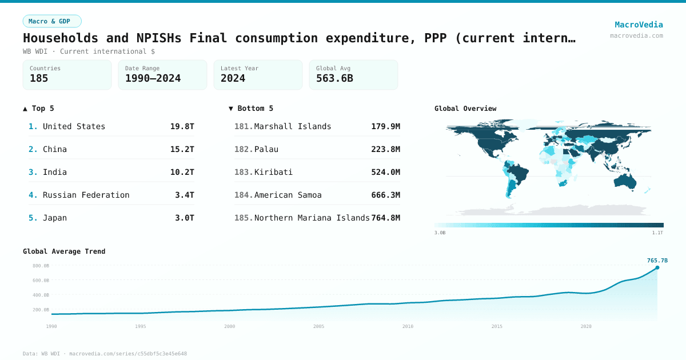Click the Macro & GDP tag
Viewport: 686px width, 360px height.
(52, 21)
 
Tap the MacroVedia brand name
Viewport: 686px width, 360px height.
(639, 25)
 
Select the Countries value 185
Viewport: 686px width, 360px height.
(39, 78)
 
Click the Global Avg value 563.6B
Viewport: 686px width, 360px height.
(334, 78)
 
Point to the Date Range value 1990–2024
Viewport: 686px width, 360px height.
(153, 78)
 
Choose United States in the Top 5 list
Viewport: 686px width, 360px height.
(74, 126)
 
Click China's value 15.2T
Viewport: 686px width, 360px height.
(182, 149)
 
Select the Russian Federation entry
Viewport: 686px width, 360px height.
(86, 195)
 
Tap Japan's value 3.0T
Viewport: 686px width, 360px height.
(185, 218)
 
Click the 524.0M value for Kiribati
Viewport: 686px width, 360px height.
(385, 172)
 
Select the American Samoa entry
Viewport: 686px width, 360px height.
(288, 195)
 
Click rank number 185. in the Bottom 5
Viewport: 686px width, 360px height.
(244, 218)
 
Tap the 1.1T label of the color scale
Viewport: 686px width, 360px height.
(657, 233)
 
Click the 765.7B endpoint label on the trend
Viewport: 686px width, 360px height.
(657, 261)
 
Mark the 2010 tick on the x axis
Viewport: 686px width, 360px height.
(408, 326)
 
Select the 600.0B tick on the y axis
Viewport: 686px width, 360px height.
(41, 281)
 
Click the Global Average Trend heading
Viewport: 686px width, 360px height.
(64, 251)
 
